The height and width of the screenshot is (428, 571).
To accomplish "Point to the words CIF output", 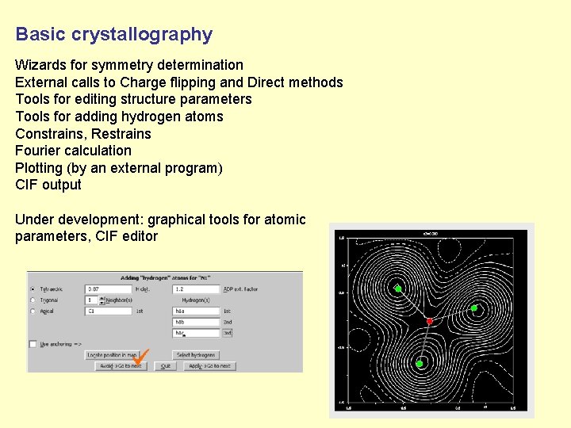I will tap(48, 185).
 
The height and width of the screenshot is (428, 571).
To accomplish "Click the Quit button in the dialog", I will tap(166, 366).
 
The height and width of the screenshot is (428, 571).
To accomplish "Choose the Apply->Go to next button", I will tap(209, 366).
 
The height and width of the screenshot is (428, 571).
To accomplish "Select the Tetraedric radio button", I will tap(32, 289).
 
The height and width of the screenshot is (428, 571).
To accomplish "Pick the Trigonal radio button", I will tap(32, 300).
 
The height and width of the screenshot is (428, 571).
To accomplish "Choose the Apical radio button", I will tap(32, 311).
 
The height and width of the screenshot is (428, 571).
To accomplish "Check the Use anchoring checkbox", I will tap(33, 344).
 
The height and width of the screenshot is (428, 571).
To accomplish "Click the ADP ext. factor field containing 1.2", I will tap(196, 289).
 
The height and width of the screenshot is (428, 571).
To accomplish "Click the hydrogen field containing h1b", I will tap(196, 323).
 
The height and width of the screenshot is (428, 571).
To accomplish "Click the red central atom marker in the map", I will tap(430, 321).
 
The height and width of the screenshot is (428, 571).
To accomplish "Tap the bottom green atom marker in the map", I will tap(420, 364).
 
